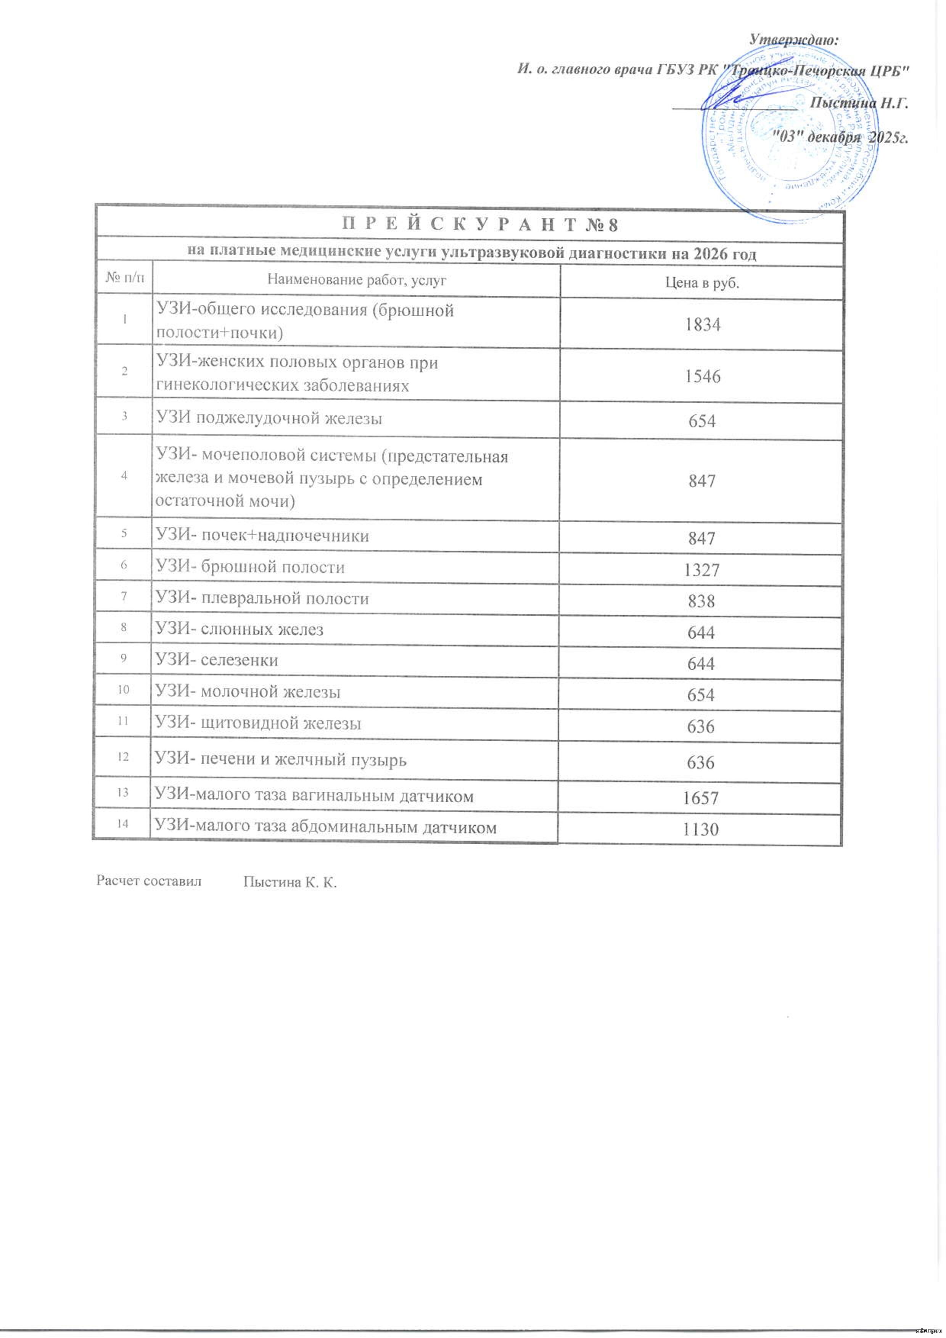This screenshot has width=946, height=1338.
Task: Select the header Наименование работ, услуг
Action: click(357, 280)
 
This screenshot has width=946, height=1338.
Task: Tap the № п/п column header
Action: click(125, 279)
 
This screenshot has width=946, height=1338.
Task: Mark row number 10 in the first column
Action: click(124, 690)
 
